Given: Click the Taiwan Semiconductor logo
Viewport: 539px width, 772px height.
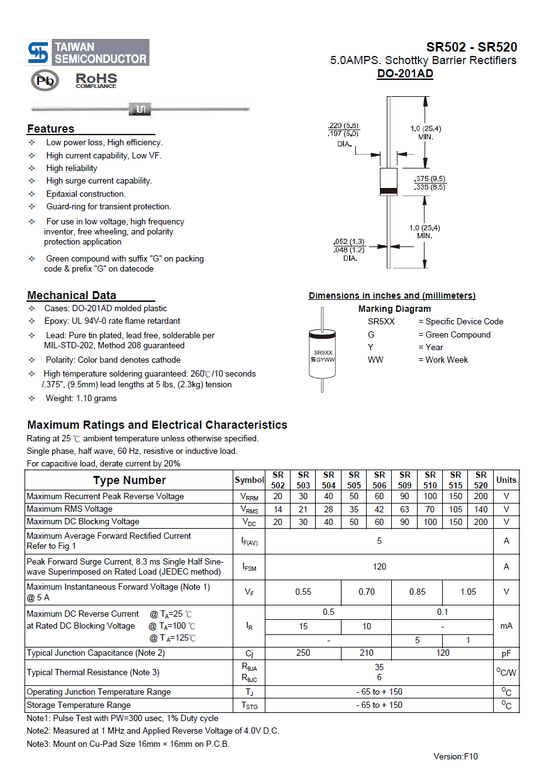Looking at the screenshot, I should coord(87,53).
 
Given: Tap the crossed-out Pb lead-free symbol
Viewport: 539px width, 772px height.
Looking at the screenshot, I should coord(45,80).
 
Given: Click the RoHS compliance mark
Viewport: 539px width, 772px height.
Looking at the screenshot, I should coord(96,80).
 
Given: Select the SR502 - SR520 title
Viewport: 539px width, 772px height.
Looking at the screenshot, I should coord(472,47).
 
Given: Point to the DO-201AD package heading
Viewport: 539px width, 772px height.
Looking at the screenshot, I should coord(405,74).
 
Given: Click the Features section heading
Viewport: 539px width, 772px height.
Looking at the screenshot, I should coord(51,129).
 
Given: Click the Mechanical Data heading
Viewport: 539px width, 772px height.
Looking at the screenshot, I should coord(72,295).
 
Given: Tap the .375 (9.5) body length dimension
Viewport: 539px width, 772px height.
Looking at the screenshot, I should coord(430,179).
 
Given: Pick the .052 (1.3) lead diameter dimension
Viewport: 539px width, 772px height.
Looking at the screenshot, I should coord(349,242).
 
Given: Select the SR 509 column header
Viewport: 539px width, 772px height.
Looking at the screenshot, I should coord(405,480).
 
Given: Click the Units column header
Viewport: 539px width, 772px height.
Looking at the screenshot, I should coord(506,480).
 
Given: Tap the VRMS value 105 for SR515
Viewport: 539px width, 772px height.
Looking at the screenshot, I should coord(455,509).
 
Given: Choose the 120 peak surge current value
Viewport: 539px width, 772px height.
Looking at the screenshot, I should coord(379,566).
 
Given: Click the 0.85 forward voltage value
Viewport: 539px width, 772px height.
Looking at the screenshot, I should coord(417,592).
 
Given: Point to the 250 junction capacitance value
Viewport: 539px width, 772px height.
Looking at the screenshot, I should coord(303,653).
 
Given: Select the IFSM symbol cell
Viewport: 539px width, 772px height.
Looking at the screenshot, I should coord(250,567).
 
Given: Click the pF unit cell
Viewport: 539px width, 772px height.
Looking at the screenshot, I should coord(506,653).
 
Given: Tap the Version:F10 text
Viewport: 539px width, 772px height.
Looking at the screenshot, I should coord(455,756).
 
